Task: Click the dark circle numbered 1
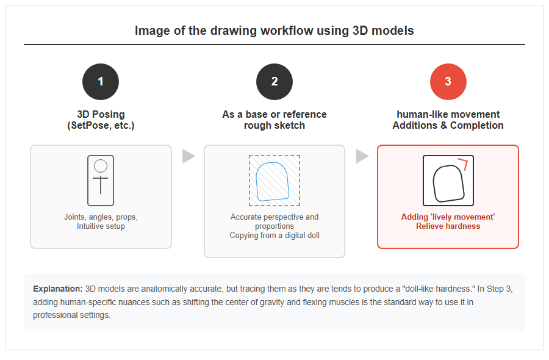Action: (101, 82)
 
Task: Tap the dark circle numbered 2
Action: (274, 82)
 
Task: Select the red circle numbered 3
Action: (448, 82)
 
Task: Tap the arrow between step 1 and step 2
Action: (188, 156)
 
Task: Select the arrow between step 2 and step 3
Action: (362, 156)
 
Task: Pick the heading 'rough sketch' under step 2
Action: (274, 125)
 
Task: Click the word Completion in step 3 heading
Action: (477, 125)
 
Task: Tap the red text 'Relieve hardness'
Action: (448, 226)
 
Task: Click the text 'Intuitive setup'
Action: (101, 226)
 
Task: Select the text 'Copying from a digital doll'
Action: (274, 236)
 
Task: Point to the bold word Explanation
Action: (58, 289)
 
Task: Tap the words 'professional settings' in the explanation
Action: (72, 315)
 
